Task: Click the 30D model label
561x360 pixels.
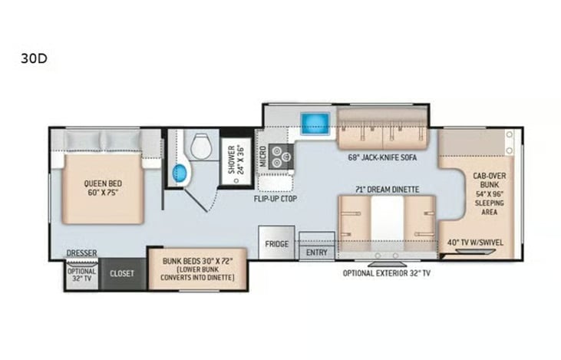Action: (x=34, y=58)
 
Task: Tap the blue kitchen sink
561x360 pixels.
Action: (x=315, y=124)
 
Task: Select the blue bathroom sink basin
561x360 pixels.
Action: (x=180, y=173)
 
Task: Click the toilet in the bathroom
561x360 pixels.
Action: (x=200, y=147)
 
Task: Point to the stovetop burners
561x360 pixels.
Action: (x=281, y=157)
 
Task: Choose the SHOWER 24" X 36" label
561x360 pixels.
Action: (x=236, y=160)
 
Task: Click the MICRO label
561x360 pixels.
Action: (x=263, y=157)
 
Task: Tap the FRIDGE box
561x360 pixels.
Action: (x=276, y=243)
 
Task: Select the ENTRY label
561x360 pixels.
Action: (x=317, y=253)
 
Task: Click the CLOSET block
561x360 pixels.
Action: (x=122, y=274)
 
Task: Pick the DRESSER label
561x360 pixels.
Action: (x=81, y=253)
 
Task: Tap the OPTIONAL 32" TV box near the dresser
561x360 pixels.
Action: (x=82, y=275)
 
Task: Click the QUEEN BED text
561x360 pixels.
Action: (x=103, y=183)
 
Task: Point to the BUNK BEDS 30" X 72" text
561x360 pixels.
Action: (x=197, y=261)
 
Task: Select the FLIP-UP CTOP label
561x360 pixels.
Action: (x=276, y=199)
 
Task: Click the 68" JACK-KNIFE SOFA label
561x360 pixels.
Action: (x=382, y=157)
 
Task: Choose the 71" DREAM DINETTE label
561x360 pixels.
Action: (x=387, y=190)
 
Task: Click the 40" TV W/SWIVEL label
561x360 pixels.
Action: (x=475, y=243)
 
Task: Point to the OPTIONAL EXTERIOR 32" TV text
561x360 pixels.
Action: (x=386, y=273)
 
